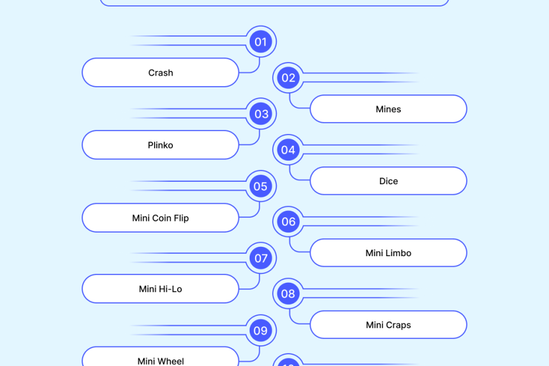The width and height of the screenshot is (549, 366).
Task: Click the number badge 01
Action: pos(260,42)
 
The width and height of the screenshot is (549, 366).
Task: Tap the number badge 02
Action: pos(288,78)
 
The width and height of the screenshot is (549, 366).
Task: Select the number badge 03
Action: pos(260,114)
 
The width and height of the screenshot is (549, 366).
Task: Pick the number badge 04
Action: pos(288,150)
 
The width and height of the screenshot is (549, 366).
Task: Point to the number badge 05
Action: pos(260,187)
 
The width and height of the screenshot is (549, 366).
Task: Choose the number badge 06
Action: pos(288,222)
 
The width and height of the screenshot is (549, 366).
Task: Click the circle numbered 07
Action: pos(260,259)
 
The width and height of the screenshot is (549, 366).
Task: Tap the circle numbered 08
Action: pos(288,294)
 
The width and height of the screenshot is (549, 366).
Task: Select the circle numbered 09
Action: pos(260,331)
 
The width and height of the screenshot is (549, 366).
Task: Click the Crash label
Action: pos(161,73)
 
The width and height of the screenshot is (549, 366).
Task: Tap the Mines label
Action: pos(388,109)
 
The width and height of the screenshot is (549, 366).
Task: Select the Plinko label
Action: pos(161,145)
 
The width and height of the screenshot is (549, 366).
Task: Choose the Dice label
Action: pos(388,181)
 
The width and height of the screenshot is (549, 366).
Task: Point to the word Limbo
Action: pos(397,253)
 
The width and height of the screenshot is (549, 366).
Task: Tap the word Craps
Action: pos(397,325)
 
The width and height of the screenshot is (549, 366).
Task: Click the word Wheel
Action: pos(170,361)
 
